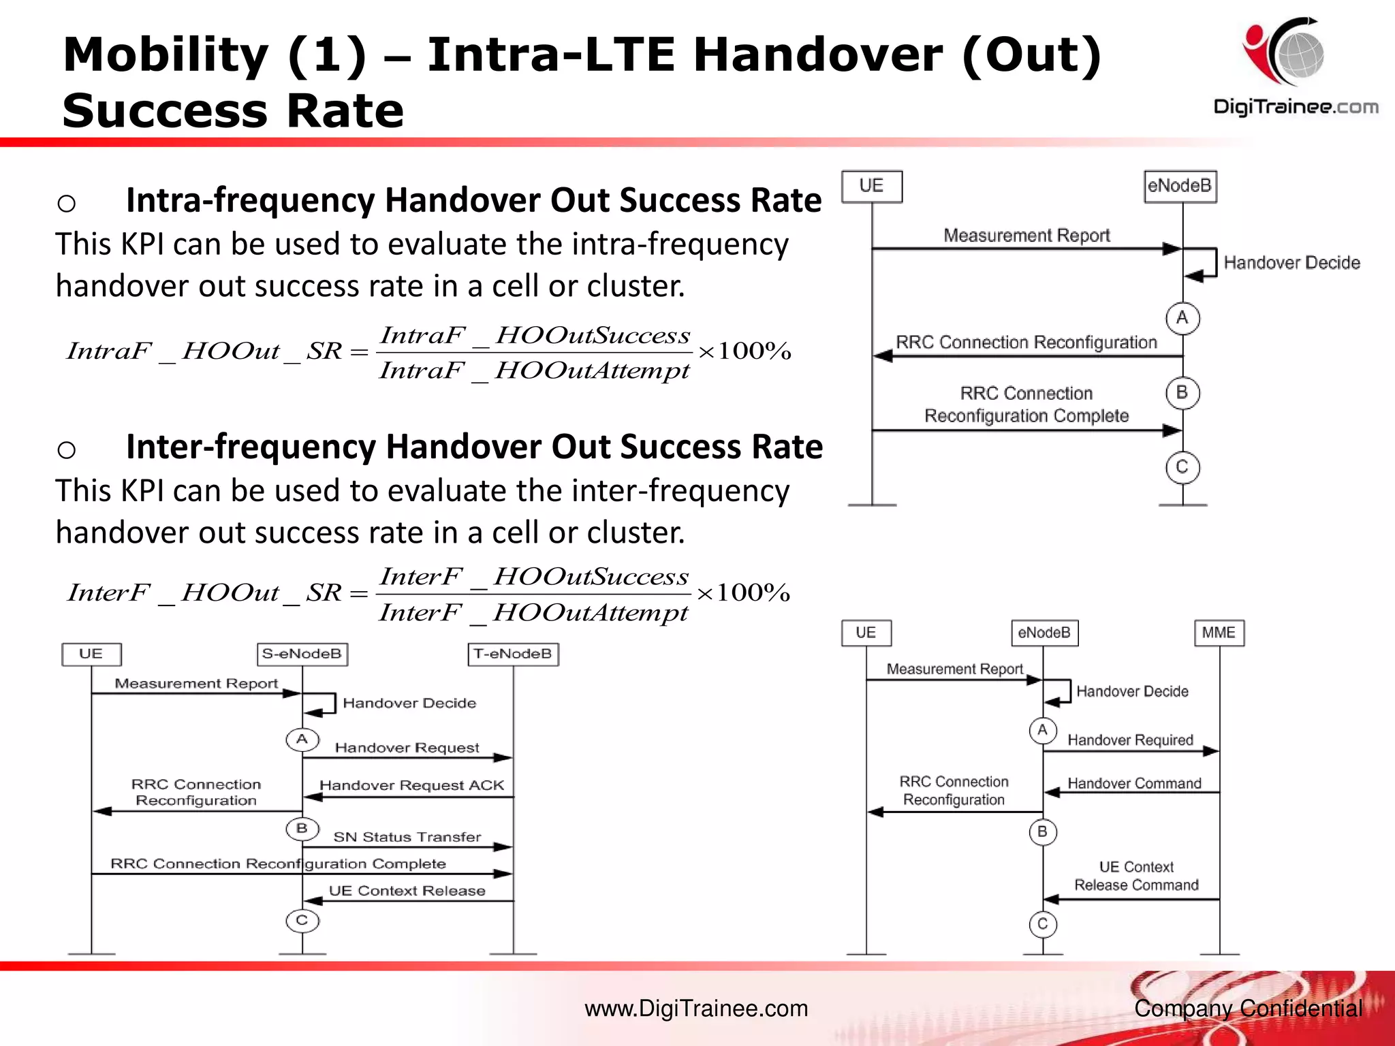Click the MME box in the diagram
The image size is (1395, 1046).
coord(1219,633)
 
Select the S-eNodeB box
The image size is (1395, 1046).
coord(302,654)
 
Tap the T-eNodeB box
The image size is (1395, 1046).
coord(513,654)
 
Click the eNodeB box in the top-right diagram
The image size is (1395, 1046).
coord(1180,186)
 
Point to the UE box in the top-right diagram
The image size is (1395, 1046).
coord(871,186)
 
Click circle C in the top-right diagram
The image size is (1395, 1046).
coord(1182,467)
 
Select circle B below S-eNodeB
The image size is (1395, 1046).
coord(302,829)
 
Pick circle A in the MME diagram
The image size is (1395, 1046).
coord(1042,730)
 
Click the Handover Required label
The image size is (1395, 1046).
coord(1130,740)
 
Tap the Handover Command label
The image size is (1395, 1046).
coord(1134,783)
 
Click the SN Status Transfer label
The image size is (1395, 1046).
coord(407,837)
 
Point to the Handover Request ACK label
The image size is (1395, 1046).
coord(411,785)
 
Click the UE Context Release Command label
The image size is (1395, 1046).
coord(1136,876)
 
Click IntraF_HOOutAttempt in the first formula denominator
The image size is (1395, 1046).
coord(534,370)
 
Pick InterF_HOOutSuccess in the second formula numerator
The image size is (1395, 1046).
coord(534,577)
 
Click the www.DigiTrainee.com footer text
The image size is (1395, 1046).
coord(696,1008)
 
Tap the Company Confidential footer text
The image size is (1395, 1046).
coord(1248,1008)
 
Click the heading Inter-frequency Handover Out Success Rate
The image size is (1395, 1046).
coord(474,447)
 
